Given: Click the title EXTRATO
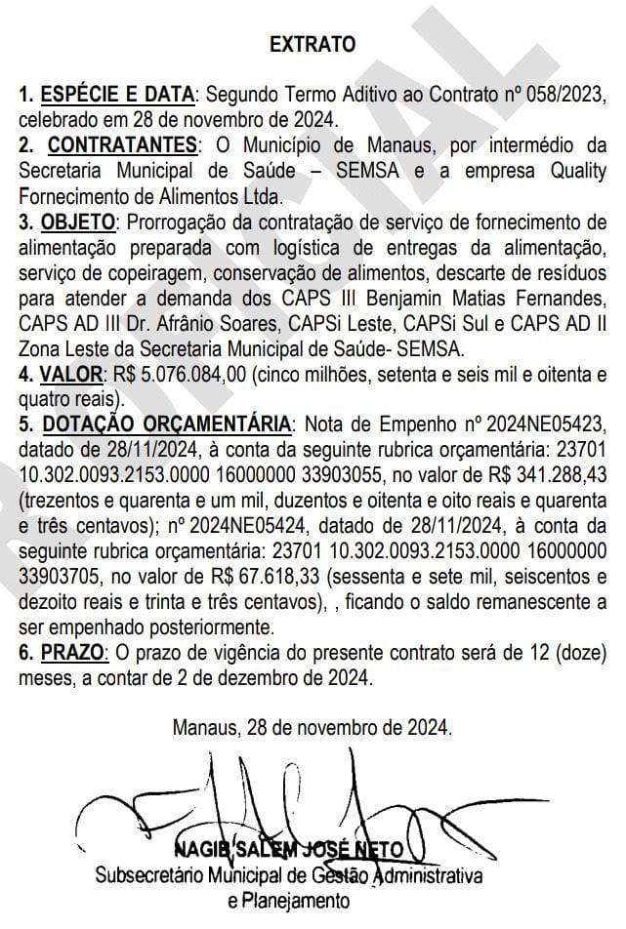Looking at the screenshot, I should [x=313, y=45].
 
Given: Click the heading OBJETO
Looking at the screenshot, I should [x=77, y=221].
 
